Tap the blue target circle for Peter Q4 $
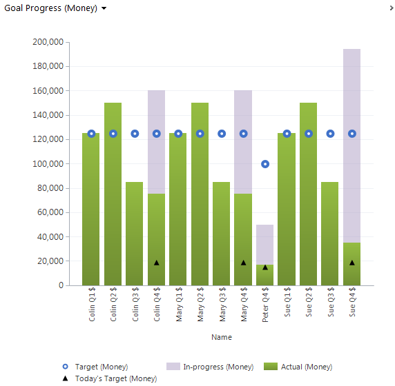[x=265, y=164]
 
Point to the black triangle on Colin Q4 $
[x=157, y=263]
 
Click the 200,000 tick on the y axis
[x=48, y=42]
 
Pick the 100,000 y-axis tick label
[x=48, y=164]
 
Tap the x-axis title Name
[x=222, y=338]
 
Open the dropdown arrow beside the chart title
[x=104, y=8]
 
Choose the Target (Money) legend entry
[x=95, y=367]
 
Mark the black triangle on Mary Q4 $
[x=243, y=263]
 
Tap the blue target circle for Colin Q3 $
[x=135, y=134]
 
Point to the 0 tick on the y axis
[x=61, y=285]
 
